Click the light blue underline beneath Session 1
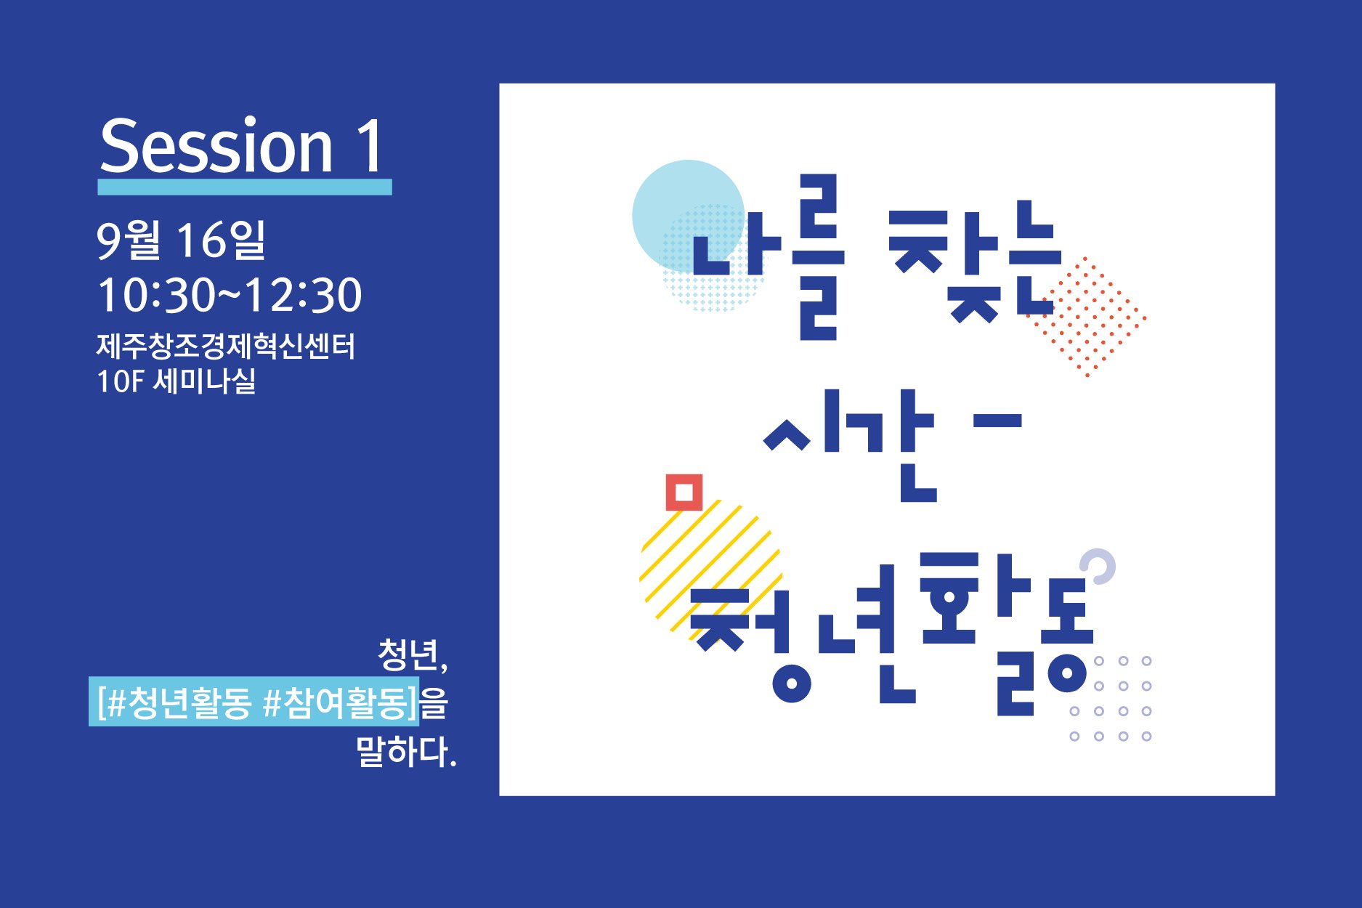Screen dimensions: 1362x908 [245, 187]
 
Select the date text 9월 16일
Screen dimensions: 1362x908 [182, 240]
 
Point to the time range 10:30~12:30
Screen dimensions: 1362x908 [230, 295]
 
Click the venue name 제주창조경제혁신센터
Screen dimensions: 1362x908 [226, 346]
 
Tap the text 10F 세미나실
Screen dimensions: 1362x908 [177, 381]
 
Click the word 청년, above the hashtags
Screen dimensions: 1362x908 [413, 654]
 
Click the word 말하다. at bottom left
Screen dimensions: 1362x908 [406, 751]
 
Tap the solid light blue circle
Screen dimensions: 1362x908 [688, 216]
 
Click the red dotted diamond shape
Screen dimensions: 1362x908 [1087, 317]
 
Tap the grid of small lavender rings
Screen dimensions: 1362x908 [1111, 698]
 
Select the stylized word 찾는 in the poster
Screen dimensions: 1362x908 [975, 261]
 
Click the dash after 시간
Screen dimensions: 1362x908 [996, 420]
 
